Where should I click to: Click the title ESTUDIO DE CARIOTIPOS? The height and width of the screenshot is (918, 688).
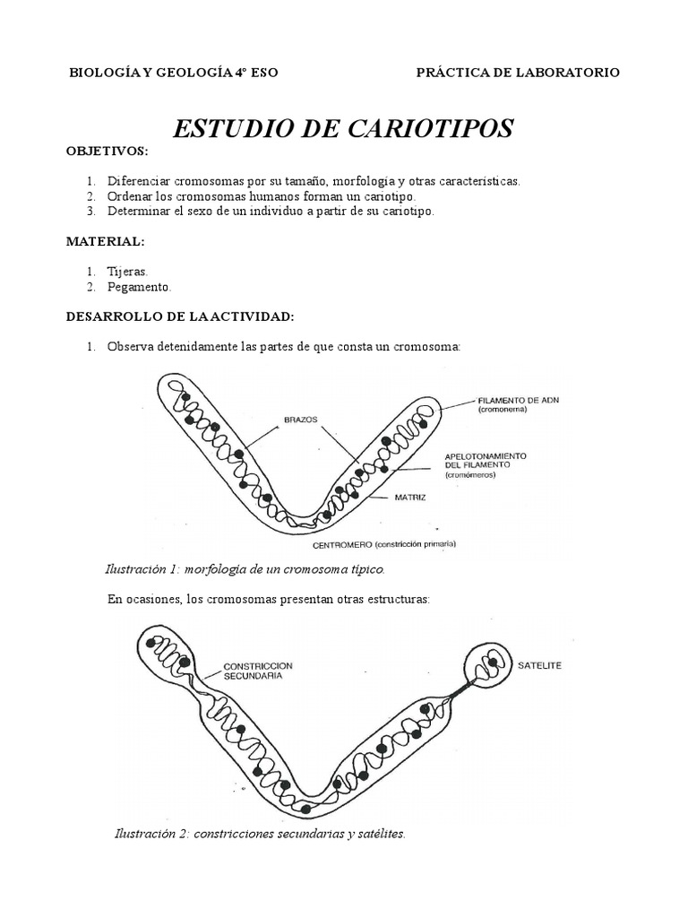343,128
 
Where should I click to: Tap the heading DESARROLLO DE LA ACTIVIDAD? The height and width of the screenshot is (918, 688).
180,316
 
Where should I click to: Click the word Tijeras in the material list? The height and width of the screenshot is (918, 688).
128,271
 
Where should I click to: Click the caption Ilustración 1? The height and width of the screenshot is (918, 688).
245,569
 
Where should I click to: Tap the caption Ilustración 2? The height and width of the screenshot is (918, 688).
261,834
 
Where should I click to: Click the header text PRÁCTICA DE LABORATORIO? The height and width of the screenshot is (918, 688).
518,73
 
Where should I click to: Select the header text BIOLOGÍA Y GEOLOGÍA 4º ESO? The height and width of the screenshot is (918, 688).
174,73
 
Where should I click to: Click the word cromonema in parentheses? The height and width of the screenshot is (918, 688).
503,410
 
